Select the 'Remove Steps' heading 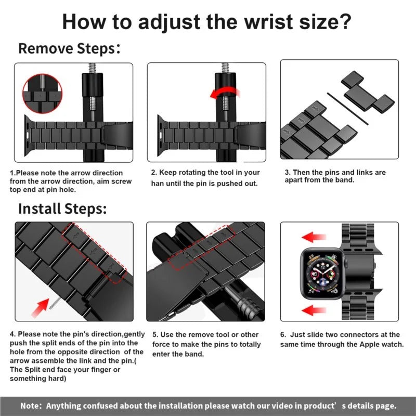point(66,49)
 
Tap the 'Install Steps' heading point(62,209)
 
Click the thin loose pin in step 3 point(347,108)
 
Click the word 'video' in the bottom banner point(287,406)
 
